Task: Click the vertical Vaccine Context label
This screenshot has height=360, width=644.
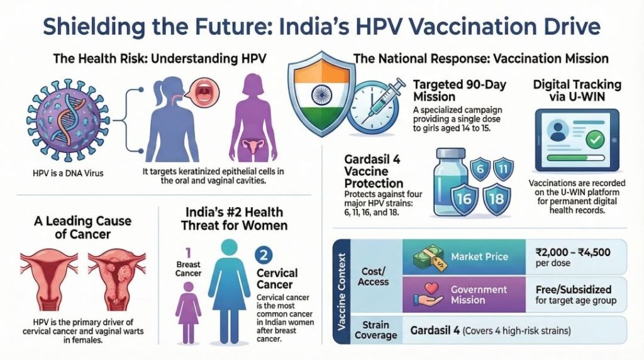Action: click(342, 291)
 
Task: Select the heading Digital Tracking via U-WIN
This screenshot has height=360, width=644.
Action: click(577, 90)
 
